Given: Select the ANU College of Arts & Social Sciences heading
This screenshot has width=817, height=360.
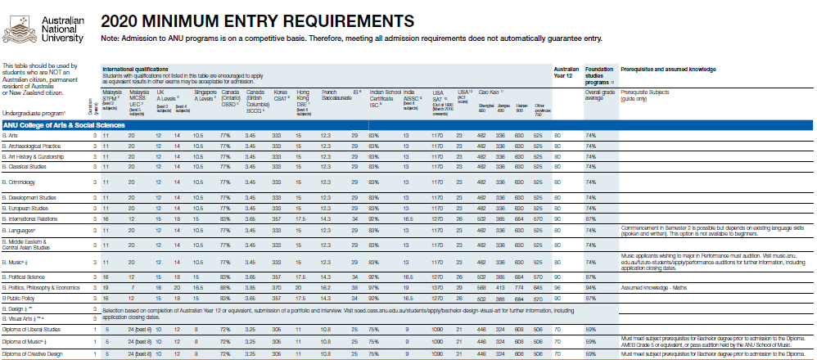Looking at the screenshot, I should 63,125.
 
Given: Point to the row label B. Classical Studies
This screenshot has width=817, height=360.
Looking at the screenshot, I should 25,166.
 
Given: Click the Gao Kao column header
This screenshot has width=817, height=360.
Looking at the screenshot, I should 489,93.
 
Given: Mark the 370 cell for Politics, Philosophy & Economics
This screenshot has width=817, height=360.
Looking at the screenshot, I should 277,288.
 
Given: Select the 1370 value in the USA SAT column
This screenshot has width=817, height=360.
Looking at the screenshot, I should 437,288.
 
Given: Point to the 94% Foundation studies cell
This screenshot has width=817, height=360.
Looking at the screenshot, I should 589,288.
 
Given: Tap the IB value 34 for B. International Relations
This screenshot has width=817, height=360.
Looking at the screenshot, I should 354,219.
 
